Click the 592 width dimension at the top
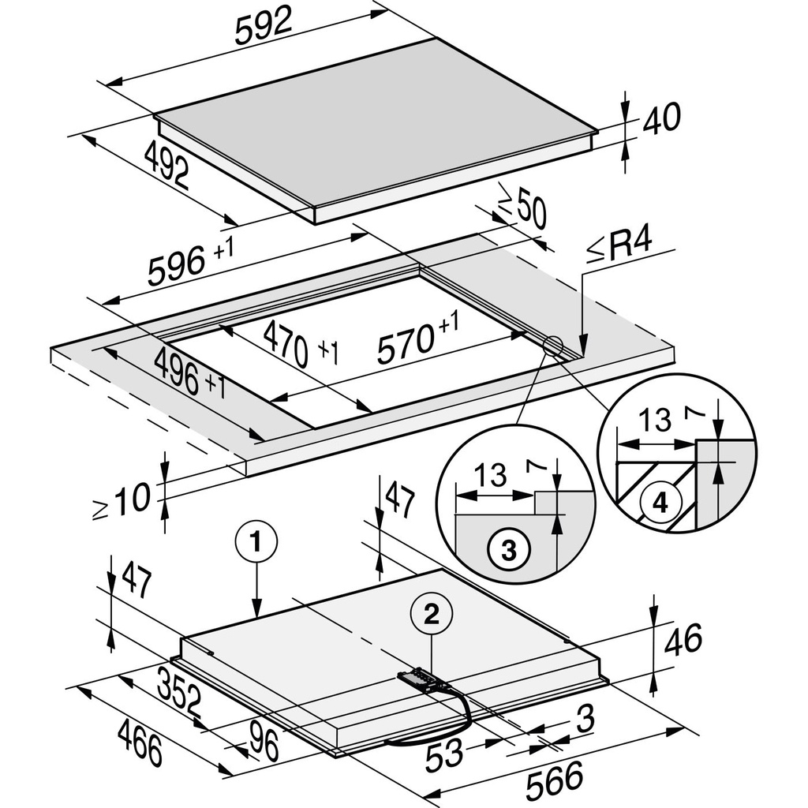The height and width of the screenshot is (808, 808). click(264, 28)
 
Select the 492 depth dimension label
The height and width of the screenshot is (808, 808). click(167, 164)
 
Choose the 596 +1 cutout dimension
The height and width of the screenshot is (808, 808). click(189, 263)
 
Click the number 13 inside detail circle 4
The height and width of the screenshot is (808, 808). click(655, 421)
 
